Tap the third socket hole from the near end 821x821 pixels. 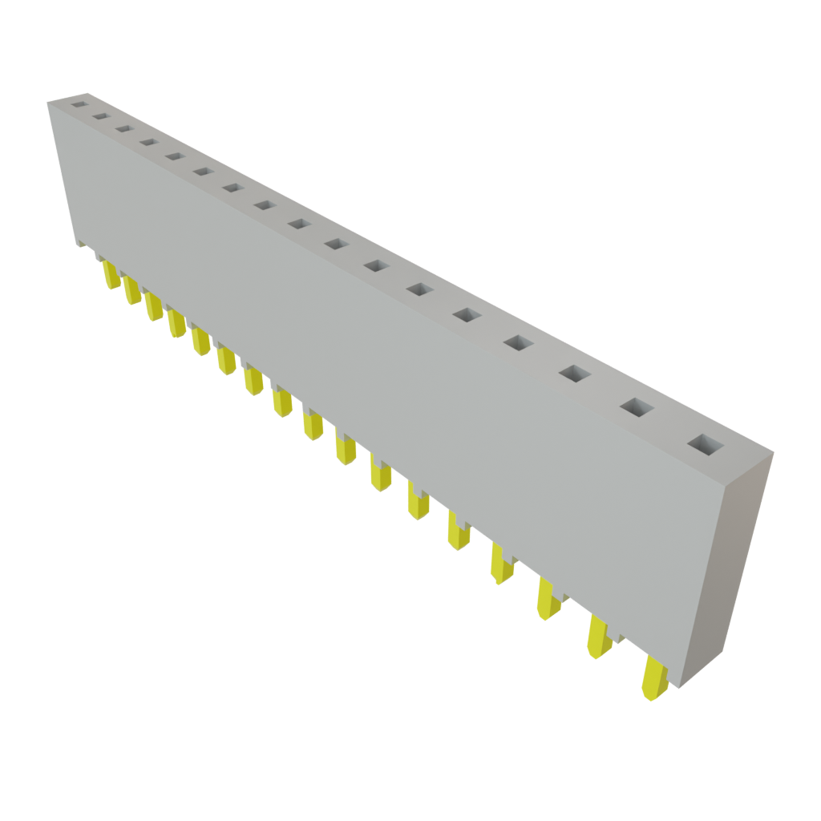[575, 374]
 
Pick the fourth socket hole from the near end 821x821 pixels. [518, 342]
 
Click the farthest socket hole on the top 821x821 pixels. [78, 103]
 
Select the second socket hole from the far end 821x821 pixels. [100, 116]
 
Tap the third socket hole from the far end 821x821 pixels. [123, 128]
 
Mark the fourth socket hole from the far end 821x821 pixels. [148, 142]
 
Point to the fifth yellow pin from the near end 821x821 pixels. [457, 532]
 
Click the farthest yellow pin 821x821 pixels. [111, 275]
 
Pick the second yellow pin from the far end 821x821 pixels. [131, 290]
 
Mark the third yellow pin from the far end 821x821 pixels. [153, 306]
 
